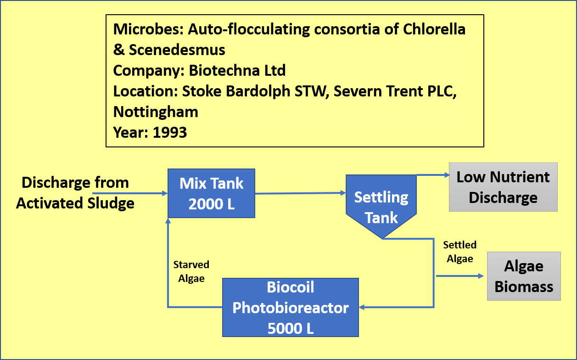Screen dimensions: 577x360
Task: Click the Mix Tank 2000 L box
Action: point(211,193)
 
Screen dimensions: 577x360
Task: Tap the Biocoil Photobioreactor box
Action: point(290,307)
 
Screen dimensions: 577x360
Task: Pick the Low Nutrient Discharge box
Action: point(503,187)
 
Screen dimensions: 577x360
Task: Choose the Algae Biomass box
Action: point(524,276)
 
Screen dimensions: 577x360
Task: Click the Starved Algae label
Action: point(191,271)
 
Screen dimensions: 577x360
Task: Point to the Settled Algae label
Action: point(460,252)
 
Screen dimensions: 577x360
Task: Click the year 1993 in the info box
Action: point(170,132)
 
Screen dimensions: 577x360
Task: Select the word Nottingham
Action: point(156,112)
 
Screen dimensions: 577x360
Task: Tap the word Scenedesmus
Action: point(177,50)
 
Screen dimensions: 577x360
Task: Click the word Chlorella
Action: point(434,29)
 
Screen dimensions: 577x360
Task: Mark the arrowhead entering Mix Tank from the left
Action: point(165,193)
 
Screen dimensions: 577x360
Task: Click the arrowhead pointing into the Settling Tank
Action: point(343,193)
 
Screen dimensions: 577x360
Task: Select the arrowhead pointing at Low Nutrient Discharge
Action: point(447,175)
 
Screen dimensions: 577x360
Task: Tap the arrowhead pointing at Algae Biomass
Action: point(481,276)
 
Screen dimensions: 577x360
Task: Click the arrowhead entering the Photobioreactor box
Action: point(362,307)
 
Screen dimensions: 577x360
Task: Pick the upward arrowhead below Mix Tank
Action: point(168,221)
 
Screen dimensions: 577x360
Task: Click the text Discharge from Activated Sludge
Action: point(75,193)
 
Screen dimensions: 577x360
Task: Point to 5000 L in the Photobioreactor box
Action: point(291,328)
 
